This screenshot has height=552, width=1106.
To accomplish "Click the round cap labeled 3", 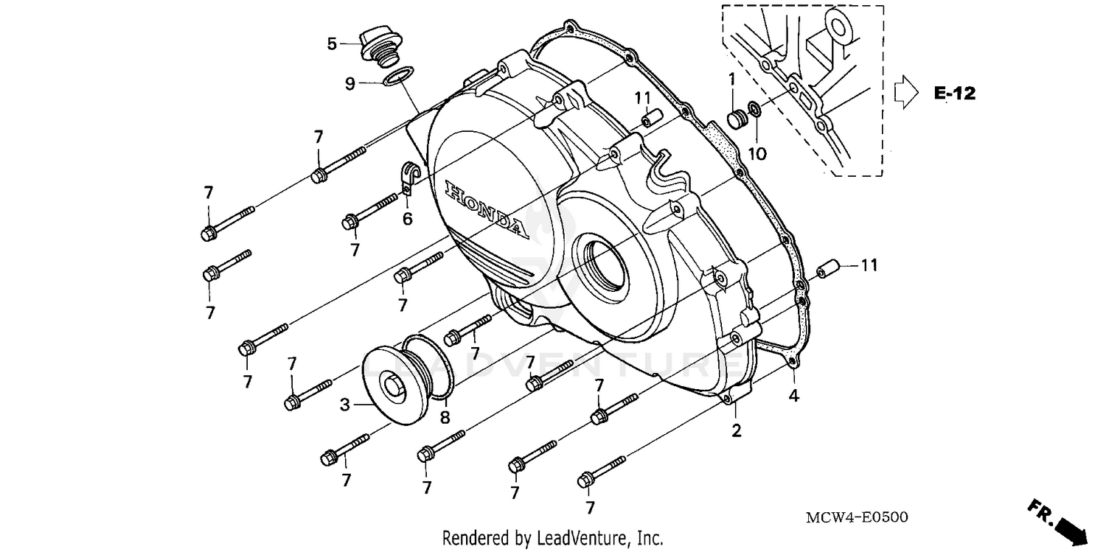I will click(x=395, y=385).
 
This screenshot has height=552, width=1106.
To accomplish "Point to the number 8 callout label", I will click(x=445, y=418).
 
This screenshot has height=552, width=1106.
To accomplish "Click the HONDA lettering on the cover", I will click(x=487, y=209).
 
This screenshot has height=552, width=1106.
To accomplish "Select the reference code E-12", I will click(x=954, y=94).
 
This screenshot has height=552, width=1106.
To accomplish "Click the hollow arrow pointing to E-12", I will click(x=904, y=94).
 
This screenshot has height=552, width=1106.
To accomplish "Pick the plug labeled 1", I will click(x=735, y=119).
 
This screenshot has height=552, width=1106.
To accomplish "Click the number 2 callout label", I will click(x=736, y=431).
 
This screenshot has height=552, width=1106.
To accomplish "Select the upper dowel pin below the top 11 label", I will click(x=648, y=119).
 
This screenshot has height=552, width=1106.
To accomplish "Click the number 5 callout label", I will click(x=333, y=44).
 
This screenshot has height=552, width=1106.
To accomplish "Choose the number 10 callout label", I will click(x=757, y=153).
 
